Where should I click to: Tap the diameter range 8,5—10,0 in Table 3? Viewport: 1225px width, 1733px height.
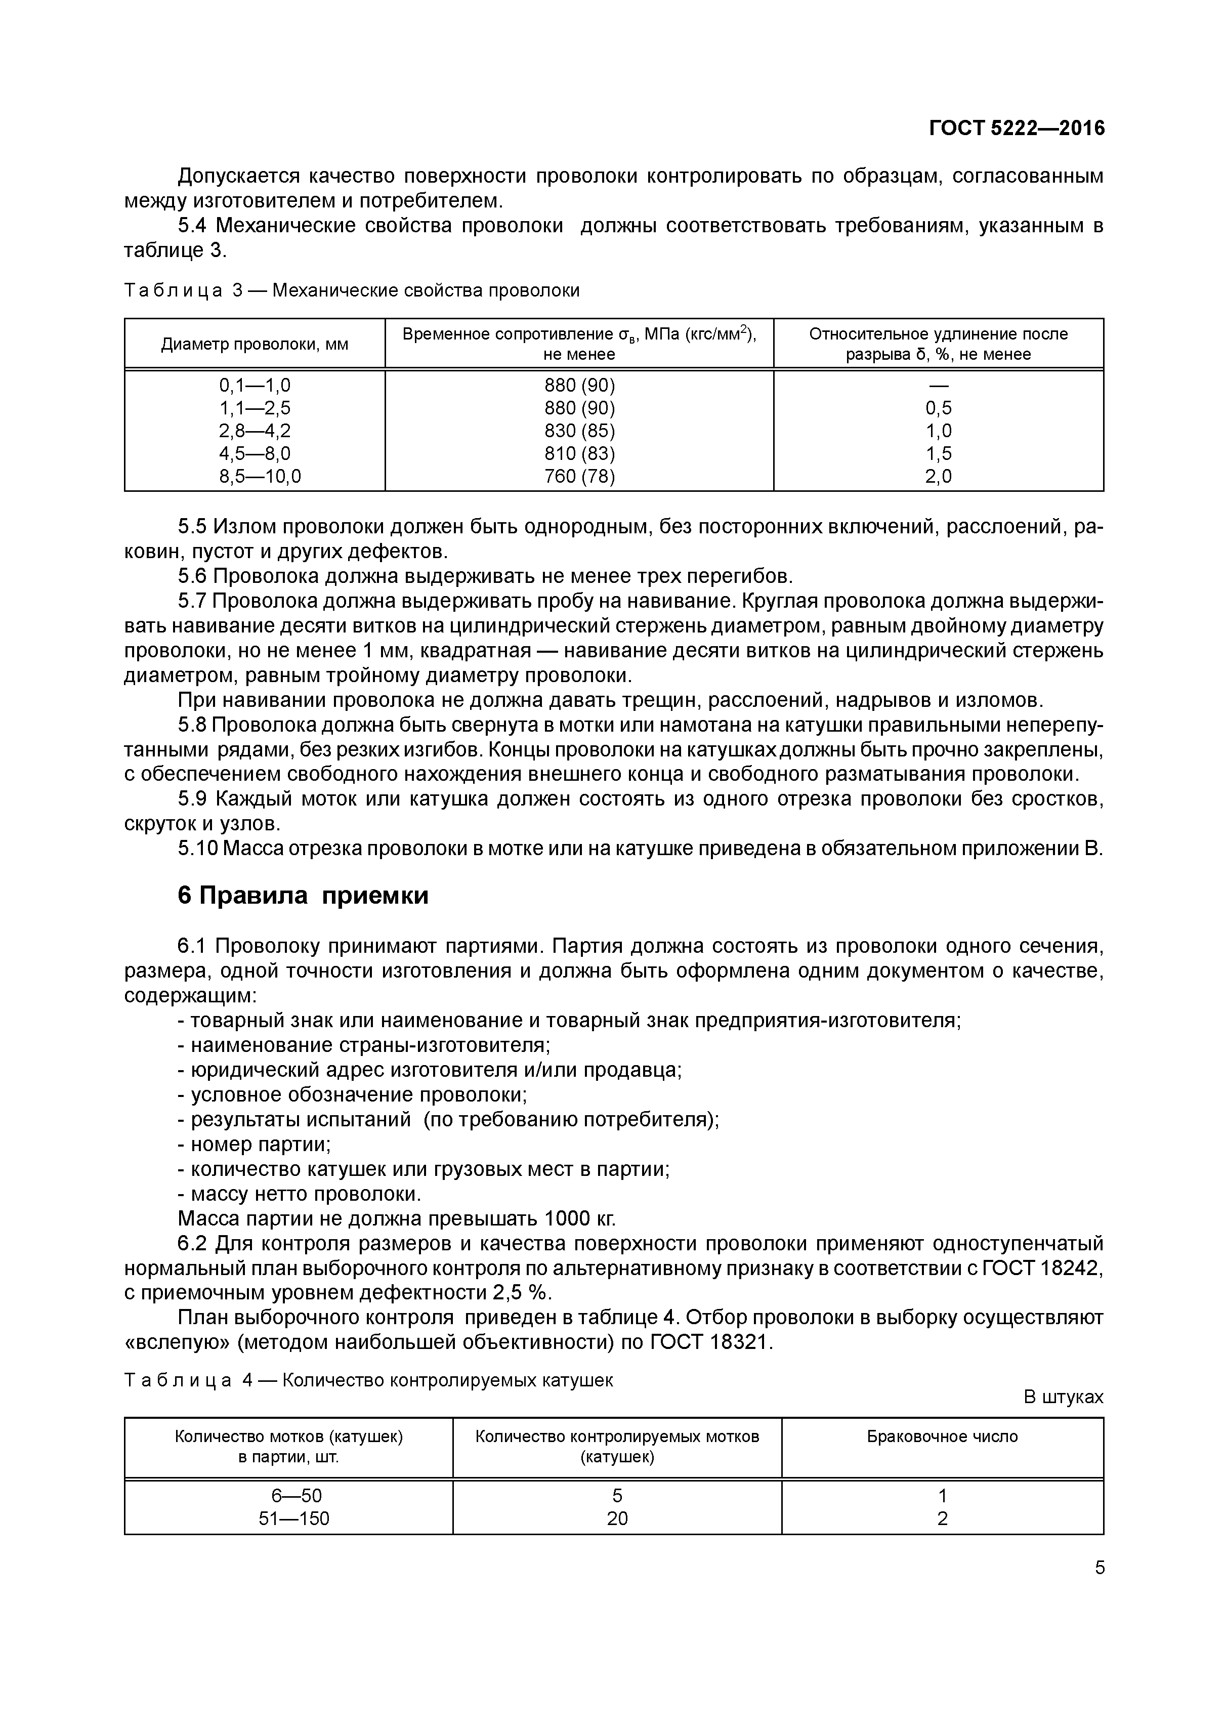255,476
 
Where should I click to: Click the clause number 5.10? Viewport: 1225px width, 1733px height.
198,849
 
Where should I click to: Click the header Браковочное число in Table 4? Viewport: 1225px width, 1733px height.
942,1436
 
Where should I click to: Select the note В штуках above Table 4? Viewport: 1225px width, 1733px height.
1063,1397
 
